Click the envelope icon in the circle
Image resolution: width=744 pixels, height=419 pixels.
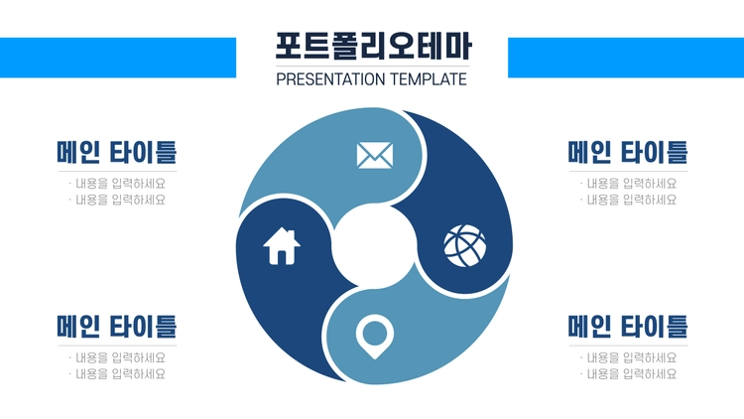click(375, 155)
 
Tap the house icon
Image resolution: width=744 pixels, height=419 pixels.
click(282, 246)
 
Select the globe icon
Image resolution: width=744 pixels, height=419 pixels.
click(465, 245)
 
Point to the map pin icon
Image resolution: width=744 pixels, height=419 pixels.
click(375, 337)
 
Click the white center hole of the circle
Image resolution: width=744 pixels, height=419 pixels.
click(374, 246)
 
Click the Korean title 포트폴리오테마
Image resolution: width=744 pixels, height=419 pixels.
click(373, 46)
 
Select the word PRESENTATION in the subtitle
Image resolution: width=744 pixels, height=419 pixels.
click(330, 79)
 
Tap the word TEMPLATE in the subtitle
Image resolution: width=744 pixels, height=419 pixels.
click(429, 79)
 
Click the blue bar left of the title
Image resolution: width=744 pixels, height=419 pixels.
click(118, 58)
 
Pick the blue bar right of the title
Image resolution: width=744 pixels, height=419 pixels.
click(626, 58)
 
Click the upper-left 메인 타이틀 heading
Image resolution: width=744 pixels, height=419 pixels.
click(117, 152)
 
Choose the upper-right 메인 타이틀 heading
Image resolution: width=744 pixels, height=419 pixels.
click(628, 152)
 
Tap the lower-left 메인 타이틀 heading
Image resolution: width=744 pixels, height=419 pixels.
click(117, 327)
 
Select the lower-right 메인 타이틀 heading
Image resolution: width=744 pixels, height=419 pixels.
click(628, 327)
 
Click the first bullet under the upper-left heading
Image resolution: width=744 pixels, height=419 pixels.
click(117, 184)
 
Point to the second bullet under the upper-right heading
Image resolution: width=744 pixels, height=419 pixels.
click(628, 200)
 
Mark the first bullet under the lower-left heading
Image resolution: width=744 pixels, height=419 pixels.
click(117, 357)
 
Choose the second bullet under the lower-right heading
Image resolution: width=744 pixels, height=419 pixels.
click(628, 374)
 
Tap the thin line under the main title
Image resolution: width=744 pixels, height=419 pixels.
click(372, 67)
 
